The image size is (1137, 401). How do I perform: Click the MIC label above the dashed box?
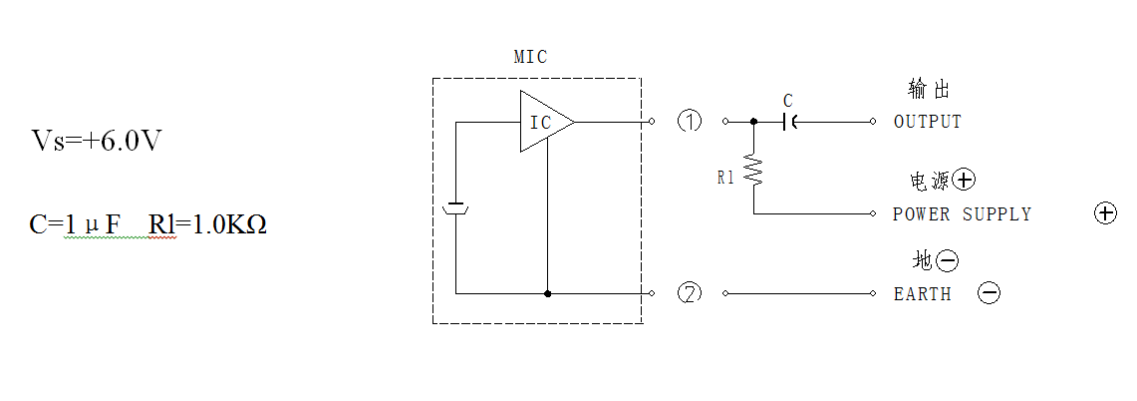click(530, 57)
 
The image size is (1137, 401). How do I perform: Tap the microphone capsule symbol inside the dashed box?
click(456, 208)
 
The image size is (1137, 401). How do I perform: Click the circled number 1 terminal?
click(690, 121)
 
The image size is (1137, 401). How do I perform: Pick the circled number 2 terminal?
click(690, 293)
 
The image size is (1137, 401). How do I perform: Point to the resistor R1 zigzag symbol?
click(753, 171)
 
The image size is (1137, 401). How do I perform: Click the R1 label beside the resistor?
click(725, 178)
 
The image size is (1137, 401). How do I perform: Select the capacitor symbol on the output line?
click(789, 122)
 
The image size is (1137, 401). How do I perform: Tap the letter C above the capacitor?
click(788, 101)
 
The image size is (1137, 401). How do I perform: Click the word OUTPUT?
click(928, 122)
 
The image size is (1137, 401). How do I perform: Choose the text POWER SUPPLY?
click(962, 214)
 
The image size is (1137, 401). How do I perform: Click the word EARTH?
click(923, 294)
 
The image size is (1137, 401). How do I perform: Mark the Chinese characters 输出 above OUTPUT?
click(928, 89)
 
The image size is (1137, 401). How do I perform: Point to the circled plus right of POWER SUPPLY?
click(1104, 213)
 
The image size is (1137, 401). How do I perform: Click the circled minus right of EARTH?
click(990, 292)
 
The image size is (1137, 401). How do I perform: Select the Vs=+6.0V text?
click(96, 141)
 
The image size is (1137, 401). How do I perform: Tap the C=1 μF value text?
click(75, 224)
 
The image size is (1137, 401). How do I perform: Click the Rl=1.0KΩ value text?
click(208, 224)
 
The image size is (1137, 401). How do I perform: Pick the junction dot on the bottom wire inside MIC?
click(547, 293)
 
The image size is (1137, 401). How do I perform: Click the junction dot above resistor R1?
click(753, 122)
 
